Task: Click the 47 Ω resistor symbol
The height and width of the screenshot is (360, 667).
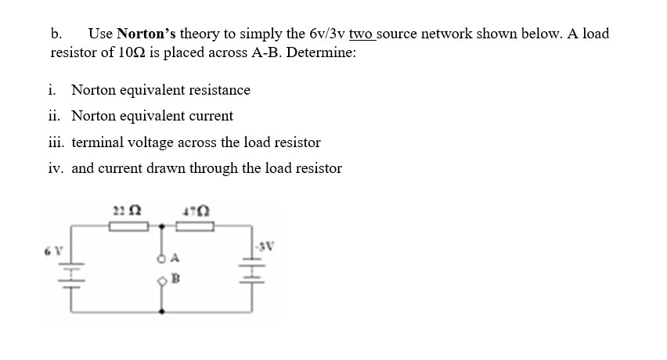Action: click(x=194, y=226)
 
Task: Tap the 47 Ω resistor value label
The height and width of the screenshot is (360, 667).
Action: click(x=193, y=209)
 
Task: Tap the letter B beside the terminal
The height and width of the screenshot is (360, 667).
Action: click(x=176, y=279)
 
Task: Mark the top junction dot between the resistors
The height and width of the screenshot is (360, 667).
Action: click(x=162, y=226)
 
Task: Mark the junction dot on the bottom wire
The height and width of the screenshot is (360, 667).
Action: click(x=162, y=311)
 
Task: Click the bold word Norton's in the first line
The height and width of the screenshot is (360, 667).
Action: click(x=147, y=34)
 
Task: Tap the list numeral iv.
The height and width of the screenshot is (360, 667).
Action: click(x=56, y=168)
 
